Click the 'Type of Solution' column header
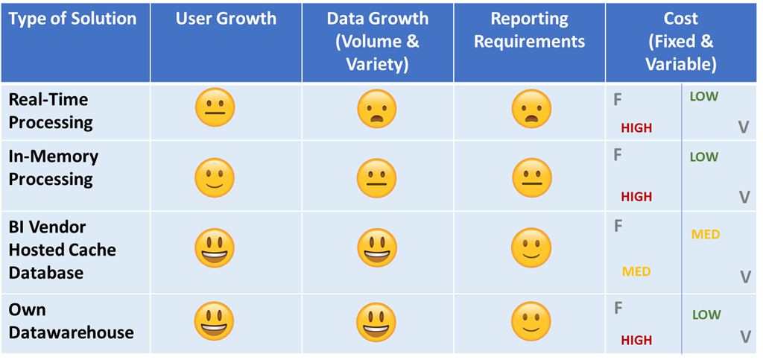click(x=73, y=19)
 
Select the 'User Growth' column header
click(x=225, y=19)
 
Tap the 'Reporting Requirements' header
click(x=529, y=30)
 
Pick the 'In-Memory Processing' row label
click(x=54, y=168)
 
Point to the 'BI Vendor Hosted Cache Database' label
click(x=62, y=250)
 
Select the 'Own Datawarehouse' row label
click(x=71, y=320)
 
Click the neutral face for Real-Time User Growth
click(x=215, y=108)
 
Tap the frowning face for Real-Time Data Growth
click(x=376, y=110)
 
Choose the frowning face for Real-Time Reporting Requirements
click(x=531, y=110)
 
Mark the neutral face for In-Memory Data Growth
click(x=376, y=178)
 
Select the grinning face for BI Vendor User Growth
click(x=215, y=248)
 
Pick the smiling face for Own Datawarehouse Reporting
click(x=531, y=320)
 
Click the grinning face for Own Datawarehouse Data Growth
click(x=376, y=320)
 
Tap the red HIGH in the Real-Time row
click(x=636, y=128)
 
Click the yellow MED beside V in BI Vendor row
click(x=706, y=235)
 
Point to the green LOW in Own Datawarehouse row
click(x=706, y=315)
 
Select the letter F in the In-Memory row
click(x=617, y=155)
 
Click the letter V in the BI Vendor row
click(x=745, y=277)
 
